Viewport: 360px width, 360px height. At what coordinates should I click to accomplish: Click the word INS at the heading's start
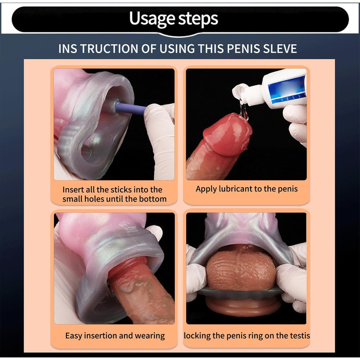pyautogui.click(x=68, y=49)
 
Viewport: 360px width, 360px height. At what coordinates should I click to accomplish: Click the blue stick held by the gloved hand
pyautogui.click(x=131, y=109)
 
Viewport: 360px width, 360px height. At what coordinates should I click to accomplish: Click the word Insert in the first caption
pyautogui.click(x=73, y=190)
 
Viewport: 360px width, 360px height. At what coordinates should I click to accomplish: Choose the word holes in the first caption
pyautogui.click(x=94, y=199)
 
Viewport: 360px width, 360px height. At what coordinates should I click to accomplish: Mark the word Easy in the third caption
pyautogui.click(x=74, y=336)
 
